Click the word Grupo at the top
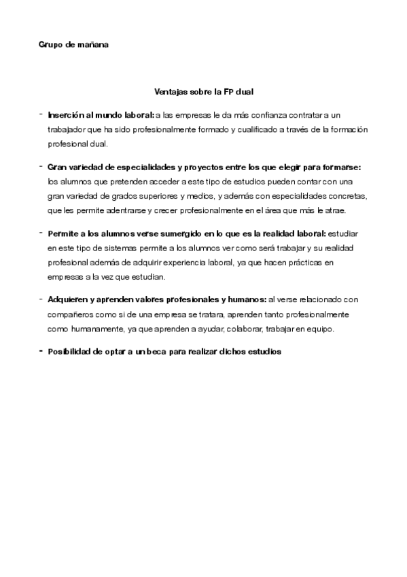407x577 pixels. tap(50, 45)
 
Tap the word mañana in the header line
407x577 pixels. tap(92, 45)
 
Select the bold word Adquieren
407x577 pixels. tap(68, 299)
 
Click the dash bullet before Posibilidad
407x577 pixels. tap(41, 350)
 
